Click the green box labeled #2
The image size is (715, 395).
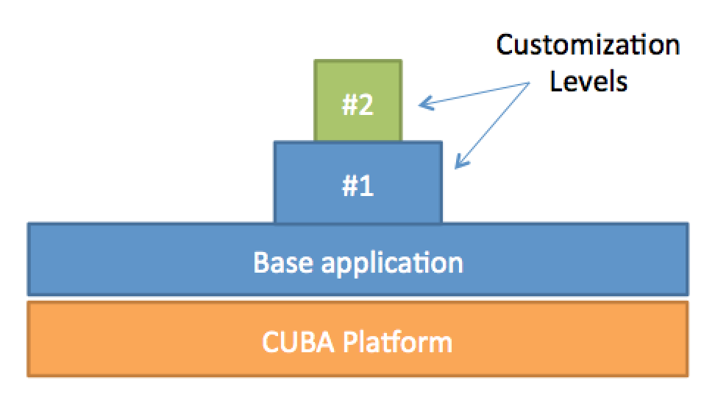point(358,100)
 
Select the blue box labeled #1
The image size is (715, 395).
point(358,182)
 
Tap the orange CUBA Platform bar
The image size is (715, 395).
point(358,339)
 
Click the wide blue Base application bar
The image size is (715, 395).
point(358,259)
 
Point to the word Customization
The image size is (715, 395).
point(588,45)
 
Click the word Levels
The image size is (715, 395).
point(588,81)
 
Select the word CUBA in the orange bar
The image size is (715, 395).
point(298,342)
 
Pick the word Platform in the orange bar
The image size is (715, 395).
point(397,342)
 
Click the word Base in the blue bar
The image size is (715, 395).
point(283,262)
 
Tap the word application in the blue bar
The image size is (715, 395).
point(392,264)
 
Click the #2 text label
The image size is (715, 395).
point(358,105)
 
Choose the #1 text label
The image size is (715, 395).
point(358,186)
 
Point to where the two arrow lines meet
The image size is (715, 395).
point(530,83)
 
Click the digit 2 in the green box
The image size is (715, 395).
point(366,105)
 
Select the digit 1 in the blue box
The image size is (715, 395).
point(366,186)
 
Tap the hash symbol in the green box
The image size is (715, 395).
point(349,105)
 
